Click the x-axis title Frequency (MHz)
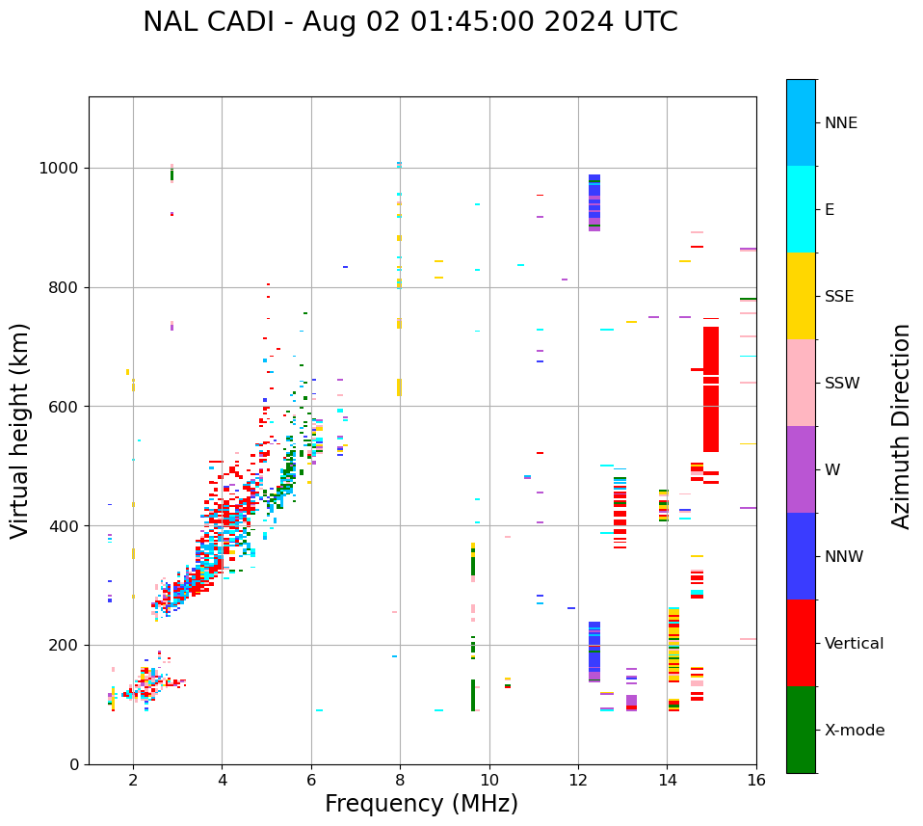pos(421,804)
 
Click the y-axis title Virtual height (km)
pos(20,430)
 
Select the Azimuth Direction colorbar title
pos(901,426)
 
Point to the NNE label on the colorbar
pos(840,123)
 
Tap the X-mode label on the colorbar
pos(854,731)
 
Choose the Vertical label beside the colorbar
pos(854,644)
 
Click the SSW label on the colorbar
pos(842,384)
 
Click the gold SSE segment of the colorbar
pos(801,296)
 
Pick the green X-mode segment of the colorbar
pos(801,730)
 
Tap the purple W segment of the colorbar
pos(801,469)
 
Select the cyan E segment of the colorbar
pos(801,209)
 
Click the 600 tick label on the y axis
pos(65,407)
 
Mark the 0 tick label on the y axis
pos(74,764)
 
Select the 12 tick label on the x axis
pos(578,780)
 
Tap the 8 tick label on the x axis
pos(400,780)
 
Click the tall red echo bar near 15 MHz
pos(711,414)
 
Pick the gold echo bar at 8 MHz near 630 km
pos(399,386)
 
